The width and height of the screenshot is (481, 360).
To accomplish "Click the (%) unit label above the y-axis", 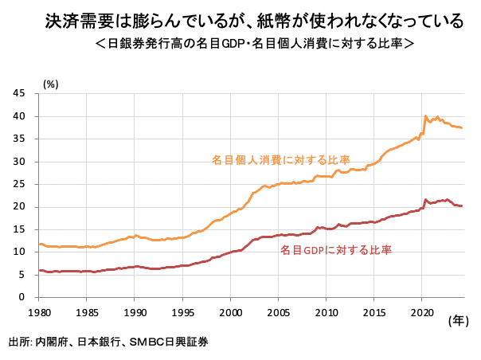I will [x=50, y=82].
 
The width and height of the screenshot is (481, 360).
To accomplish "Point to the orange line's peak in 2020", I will [x=425, y=115].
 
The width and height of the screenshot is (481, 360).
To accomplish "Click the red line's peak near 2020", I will [x=425, y=199].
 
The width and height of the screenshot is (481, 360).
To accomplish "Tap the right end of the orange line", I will [x=463, y=128].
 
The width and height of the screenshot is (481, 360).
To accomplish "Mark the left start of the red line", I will [x=40, y=271].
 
